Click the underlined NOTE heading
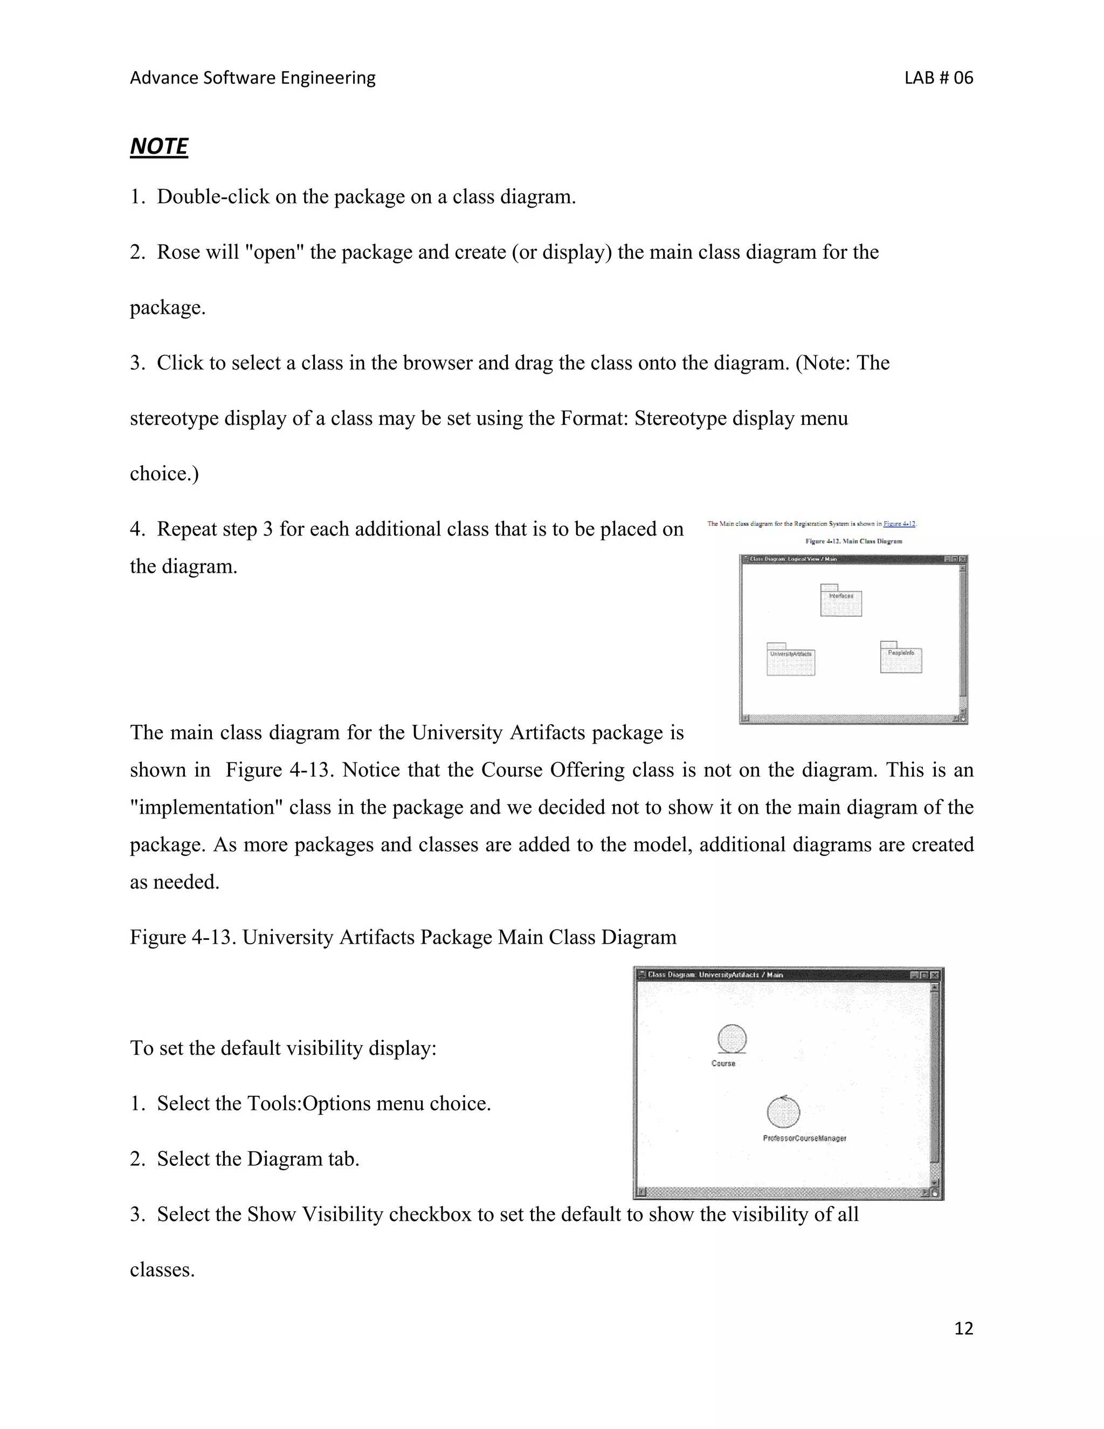159,146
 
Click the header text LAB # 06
939,78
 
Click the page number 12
963,1328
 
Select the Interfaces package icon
841,601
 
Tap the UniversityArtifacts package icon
791,659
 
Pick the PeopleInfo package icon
901,657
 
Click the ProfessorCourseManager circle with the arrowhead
783,1112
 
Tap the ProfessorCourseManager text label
804,1138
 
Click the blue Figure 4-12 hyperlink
899,524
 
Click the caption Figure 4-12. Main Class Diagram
853,541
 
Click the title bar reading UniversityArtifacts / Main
752,974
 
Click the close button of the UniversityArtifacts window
935,975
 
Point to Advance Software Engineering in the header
252,78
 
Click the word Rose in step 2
178,252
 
